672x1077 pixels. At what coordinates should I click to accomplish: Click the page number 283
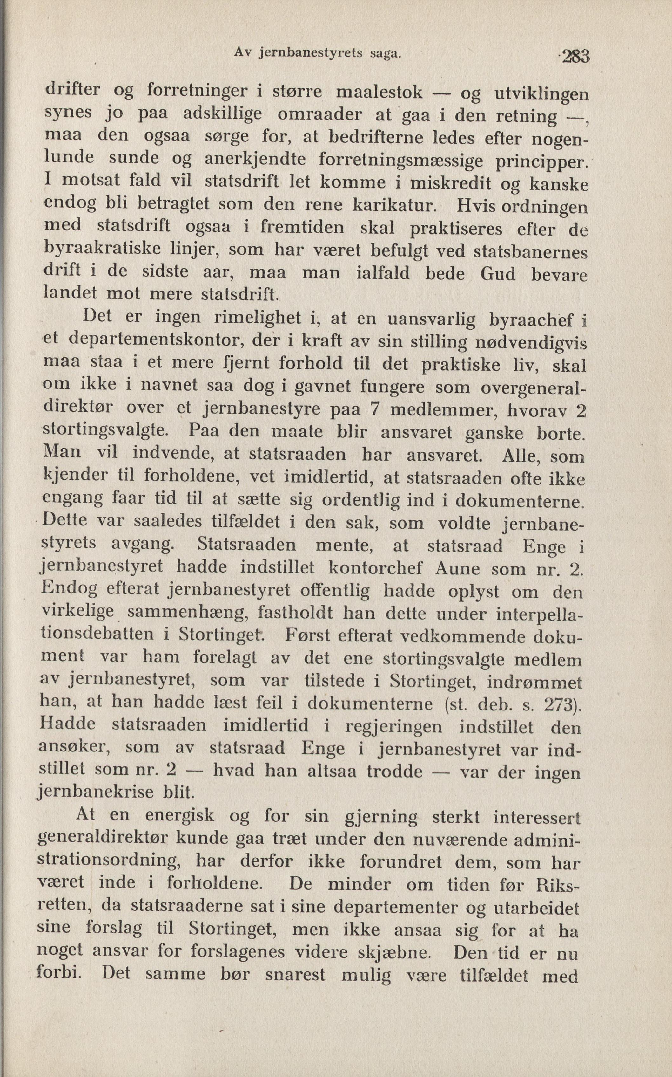[575, 57]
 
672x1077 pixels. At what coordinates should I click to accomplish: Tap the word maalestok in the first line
[379, 92]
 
